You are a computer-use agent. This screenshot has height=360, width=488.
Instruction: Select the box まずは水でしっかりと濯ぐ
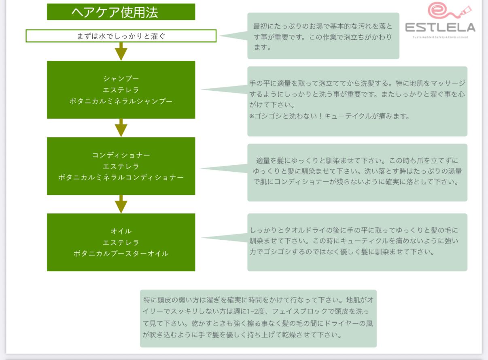pos(121,36)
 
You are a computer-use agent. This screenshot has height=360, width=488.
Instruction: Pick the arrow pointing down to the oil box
pos(121,204)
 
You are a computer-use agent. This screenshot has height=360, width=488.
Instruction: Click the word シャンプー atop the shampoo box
pos(121,78)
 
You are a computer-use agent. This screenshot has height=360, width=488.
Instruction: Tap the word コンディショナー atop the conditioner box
pos(121,155)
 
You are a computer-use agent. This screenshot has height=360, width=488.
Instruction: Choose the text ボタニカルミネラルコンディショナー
pos(121,178)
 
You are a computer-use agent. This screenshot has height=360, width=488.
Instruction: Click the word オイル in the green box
pos(121,231)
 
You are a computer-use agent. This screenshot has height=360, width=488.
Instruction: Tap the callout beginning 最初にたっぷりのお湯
pos(323,36)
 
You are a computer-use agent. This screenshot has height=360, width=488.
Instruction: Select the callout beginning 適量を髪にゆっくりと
pos(357,172)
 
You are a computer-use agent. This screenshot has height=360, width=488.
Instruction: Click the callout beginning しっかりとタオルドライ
pos(357,242)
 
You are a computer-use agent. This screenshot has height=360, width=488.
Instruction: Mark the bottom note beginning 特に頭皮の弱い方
pos(258,318)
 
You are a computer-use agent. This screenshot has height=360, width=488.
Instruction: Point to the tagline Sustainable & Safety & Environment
pos(440,37)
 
